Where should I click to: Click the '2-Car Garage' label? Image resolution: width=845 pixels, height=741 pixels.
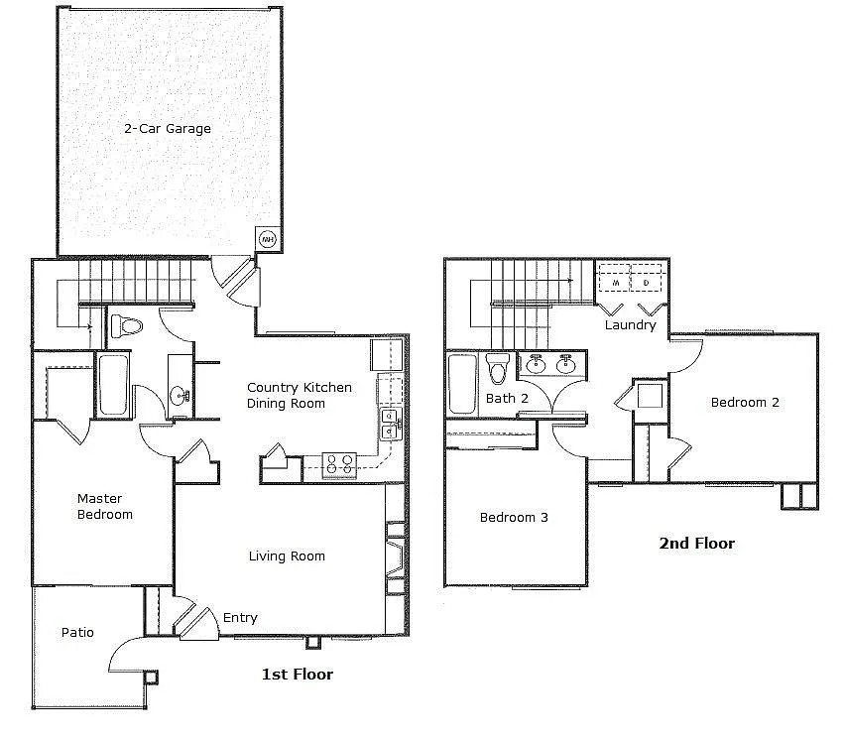(167, 129)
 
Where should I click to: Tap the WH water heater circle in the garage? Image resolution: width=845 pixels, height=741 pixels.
(267, 238)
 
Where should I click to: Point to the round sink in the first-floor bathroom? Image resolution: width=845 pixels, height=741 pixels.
(181, 396)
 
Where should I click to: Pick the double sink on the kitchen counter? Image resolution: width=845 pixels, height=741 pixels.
(391, 424)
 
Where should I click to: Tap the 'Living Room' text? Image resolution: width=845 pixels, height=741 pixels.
(287, 556)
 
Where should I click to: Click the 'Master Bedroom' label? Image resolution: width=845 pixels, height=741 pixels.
(105, 507)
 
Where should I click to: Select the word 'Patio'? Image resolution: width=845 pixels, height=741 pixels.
(77, 632)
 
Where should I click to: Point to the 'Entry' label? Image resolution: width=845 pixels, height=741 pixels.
(240, 617)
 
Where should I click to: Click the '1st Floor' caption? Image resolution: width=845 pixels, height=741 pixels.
(297, 675)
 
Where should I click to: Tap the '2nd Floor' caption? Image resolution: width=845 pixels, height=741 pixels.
(696, 544)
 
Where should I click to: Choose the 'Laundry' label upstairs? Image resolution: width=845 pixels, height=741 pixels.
(630, 324)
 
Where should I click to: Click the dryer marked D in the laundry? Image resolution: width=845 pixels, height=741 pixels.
(647, 283)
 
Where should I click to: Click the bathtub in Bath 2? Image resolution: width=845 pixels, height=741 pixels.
(462, 385)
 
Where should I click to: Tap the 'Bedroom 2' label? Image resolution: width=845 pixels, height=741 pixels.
(745, 402)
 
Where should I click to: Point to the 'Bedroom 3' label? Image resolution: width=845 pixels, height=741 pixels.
(514, 517)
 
